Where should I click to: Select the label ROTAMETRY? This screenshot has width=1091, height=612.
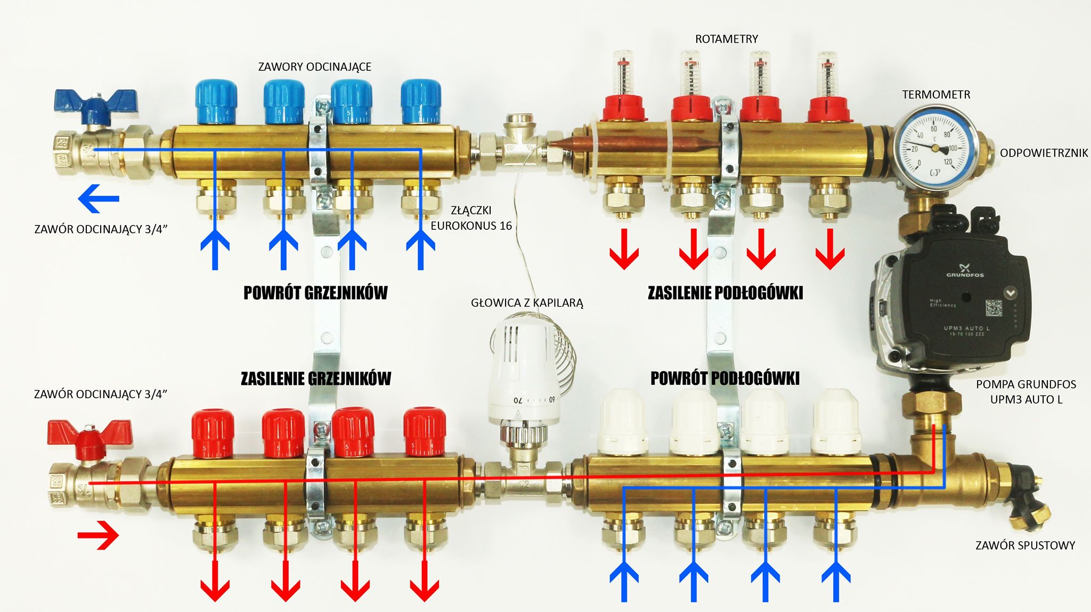pos(726,39)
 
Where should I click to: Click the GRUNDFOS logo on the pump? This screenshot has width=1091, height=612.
pos(965,271)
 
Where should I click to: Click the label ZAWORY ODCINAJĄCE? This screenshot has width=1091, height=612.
pos(314,67)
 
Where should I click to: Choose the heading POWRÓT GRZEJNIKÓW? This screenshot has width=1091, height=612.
pos(315,293)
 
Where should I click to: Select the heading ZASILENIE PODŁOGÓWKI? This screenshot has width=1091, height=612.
pos(725,293)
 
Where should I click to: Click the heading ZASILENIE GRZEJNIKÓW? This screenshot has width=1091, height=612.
pos(316,379)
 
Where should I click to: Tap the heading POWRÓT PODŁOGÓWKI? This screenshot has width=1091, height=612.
pos(725,378)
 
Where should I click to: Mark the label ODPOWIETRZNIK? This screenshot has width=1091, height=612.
pos(1044,153)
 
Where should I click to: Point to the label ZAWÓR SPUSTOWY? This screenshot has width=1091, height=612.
pos(1025,545)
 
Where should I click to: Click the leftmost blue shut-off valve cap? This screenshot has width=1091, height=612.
pos(216,101)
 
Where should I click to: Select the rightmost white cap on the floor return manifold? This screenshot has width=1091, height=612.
pos(836,421)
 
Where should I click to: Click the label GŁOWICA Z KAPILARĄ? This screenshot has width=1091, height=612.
pos(527,303)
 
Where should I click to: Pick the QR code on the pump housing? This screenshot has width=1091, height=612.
pos(994,307)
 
